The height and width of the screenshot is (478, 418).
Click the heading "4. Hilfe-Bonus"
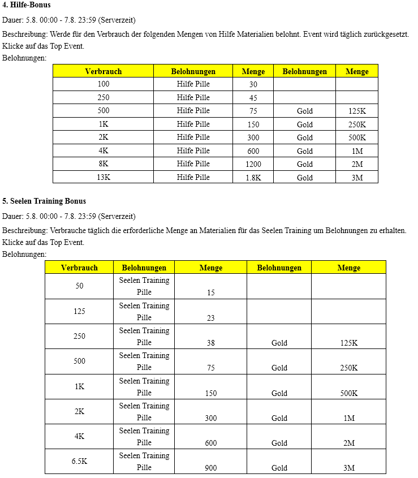[x=27, y=5]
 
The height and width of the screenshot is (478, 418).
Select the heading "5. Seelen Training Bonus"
[x=44, y=201]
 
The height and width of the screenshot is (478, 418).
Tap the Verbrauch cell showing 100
[x=104, y=84]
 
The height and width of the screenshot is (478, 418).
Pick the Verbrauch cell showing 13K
[x=104, y=177]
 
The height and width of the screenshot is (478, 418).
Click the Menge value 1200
[x=253, y=164]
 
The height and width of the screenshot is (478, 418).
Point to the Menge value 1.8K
[x=253, y=177]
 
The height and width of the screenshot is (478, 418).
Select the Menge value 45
[x=253, y=97]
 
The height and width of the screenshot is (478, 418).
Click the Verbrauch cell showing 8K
[x=104, y=164]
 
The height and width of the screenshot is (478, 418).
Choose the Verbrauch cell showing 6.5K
[x=79, y=462]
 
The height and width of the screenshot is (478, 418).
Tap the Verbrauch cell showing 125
[x=79, y=311]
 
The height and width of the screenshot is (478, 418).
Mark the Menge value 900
[x=211, y=468]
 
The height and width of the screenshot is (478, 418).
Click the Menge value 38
[x=211, y=343]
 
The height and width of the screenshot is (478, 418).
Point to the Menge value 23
[x=211, y=318]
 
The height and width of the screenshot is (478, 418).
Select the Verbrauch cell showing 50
[x=79, y=286]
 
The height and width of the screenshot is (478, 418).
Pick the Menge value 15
[x=211, y=293]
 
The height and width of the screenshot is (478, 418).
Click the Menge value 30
[x=253, y=84]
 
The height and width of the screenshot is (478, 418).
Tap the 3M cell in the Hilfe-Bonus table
[x=357, y=177]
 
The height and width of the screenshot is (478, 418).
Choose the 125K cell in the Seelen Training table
[x=348, y=343]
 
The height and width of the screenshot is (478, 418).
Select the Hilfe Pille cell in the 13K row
[x=193, y=177]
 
